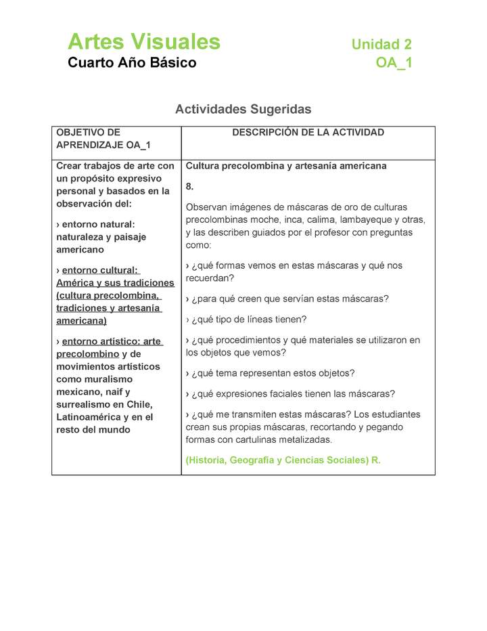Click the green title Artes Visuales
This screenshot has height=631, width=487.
pyautogui.click(x=144, y=42)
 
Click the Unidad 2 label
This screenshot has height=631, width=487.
pyautogui.click(x=381, y=45)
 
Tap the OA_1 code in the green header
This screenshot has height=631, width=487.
pyautogui.click(x=394, y=63)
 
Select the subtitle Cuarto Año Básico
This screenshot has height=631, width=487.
pyautogui.click(x=132, y=63)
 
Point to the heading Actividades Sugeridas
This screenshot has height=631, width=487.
pyautogui.click(x=243, y=109)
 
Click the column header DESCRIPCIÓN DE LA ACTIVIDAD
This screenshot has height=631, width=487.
pyautogui.click(x=308, y=133)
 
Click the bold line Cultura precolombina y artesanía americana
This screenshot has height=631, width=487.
pyautogui.click(x=285, y=166)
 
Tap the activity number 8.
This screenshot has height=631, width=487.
pyautogui.click(x=190, y=186)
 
